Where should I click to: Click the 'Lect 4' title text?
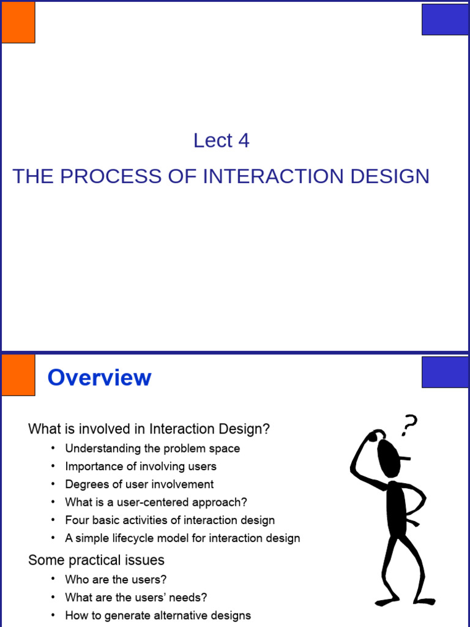point(221,141)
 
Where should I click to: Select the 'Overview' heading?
point(99,377)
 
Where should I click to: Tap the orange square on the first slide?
point(18,22)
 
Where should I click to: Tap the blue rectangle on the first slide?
point(445,19)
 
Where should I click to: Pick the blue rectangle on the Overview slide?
point(445,372)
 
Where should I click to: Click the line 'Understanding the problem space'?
point(152,448)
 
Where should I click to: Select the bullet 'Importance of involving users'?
point(141,467)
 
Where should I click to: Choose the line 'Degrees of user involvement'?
point(140,484)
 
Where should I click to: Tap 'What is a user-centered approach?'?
point(156,502)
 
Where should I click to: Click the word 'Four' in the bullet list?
point(76,520)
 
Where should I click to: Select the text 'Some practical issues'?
point(96,560)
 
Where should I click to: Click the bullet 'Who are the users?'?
point(116,579)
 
